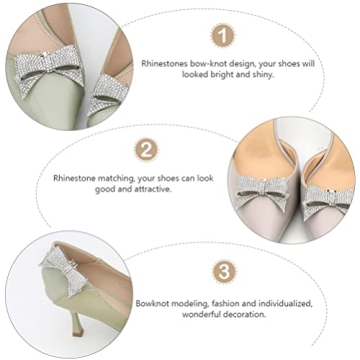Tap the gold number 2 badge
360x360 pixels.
click(x=147, y=151)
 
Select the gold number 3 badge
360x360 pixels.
click(x=225, y=273)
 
